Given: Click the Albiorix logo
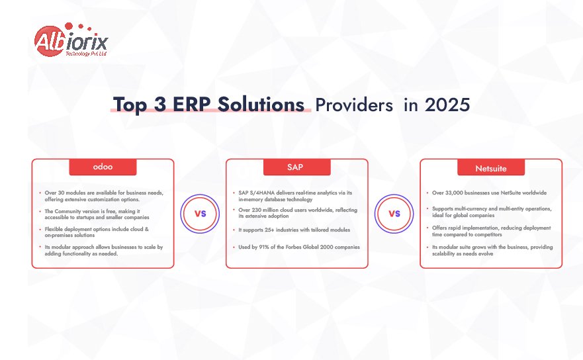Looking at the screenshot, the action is click(x=71, y=40).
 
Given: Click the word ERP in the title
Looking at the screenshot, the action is click(x=192, y=104).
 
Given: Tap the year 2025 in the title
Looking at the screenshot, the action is click(x=447, y=105).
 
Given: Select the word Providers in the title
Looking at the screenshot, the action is click(x=354, y=105).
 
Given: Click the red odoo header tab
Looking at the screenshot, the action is click(x=103, y=167).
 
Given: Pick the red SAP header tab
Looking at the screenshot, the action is click(x=296, y=167).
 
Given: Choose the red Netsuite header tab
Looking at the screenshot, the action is click(x=491, y=167).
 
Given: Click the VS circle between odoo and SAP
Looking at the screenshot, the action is click(x=200, y=214).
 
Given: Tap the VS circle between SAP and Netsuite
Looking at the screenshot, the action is click(x=394, y=214).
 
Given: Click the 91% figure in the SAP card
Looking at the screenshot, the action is click(x=264, y=247).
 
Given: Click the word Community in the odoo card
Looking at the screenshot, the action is click(x=67, y=211).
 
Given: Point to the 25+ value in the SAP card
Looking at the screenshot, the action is click(x=269, y=230).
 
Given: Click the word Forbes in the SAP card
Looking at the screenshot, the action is click(x=293, y=247).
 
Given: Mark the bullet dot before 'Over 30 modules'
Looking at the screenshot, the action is click(x=40, y=193).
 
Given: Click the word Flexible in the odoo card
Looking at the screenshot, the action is click(x=54, y=229).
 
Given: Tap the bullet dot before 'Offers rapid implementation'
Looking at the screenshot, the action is click(x=427, y=228).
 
